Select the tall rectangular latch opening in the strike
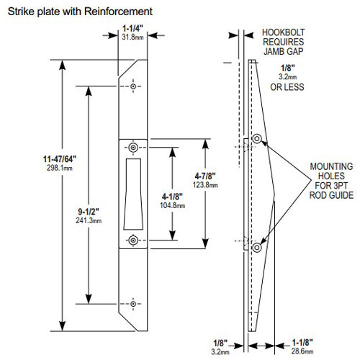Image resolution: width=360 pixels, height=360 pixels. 134,194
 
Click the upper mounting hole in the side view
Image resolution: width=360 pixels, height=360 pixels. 257,138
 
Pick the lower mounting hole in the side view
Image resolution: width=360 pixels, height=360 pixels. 257,248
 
